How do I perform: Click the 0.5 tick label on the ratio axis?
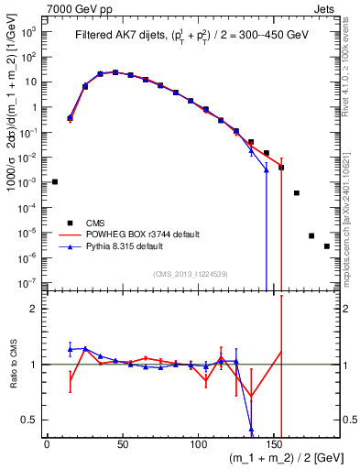click(x=32, y=420)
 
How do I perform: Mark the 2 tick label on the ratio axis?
click(x=36, y=309)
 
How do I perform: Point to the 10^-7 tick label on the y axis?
click(x=30, y=284)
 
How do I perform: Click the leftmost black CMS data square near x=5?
click(x=55, y=181)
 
